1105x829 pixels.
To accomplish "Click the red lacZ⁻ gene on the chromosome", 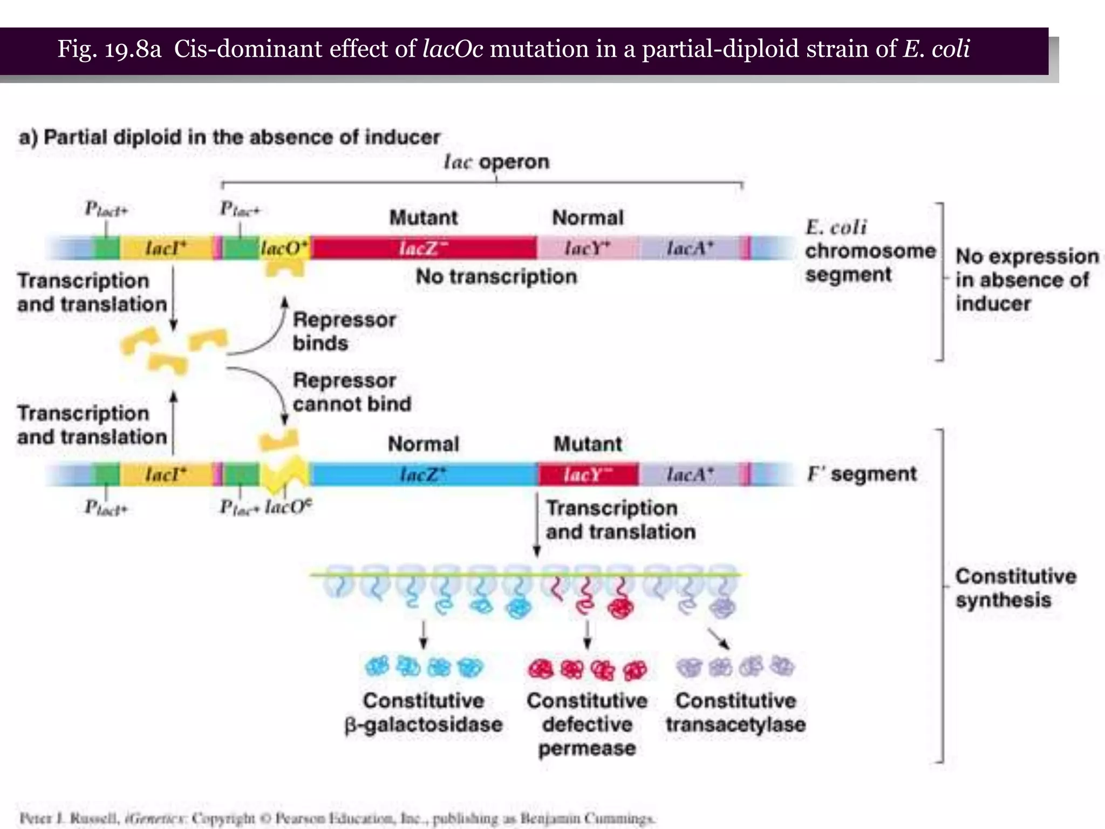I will [x=424, y=248].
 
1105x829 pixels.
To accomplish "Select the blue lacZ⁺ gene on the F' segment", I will [x=424, y=474].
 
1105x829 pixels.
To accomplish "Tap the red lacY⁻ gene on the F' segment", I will [x=588, y=474].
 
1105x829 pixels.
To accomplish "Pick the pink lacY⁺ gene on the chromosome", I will [x=588, y=248].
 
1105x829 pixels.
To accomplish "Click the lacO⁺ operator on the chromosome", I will [x=284, y=248].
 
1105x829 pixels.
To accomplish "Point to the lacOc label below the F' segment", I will [x=288, y=507].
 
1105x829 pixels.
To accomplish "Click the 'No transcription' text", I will [x=496, y=276].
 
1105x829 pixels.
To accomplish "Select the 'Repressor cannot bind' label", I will [x=351, y=392].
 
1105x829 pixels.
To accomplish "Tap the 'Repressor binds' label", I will [x=344, y=331].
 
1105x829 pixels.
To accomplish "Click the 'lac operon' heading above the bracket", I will [x=496, y=161].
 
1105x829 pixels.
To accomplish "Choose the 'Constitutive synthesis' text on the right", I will [x=1015, y=588].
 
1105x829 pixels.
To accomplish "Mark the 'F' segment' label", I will [x=862, y=474].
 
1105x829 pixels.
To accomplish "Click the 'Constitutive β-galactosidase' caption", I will [x=424, y=712].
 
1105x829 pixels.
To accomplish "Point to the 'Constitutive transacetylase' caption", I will [x=735, y=712].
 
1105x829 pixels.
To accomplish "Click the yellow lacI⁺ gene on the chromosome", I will [x=166, y=248].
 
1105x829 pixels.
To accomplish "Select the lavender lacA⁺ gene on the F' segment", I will [x=690, y=474].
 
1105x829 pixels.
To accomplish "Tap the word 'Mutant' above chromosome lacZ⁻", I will [x=424, y=218].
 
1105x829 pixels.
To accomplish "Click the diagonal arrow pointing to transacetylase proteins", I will [x=719, y=638].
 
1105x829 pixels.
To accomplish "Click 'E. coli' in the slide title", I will [x=937, y=49].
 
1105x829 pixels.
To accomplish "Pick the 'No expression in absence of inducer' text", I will [x=1026, y=280].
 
